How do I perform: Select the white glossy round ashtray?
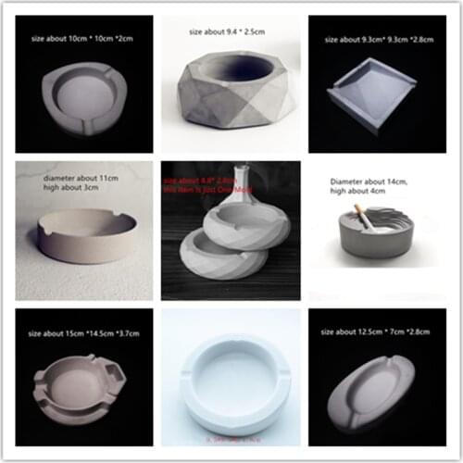point(231,380)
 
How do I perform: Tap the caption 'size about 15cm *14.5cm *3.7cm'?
point(81,331)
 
